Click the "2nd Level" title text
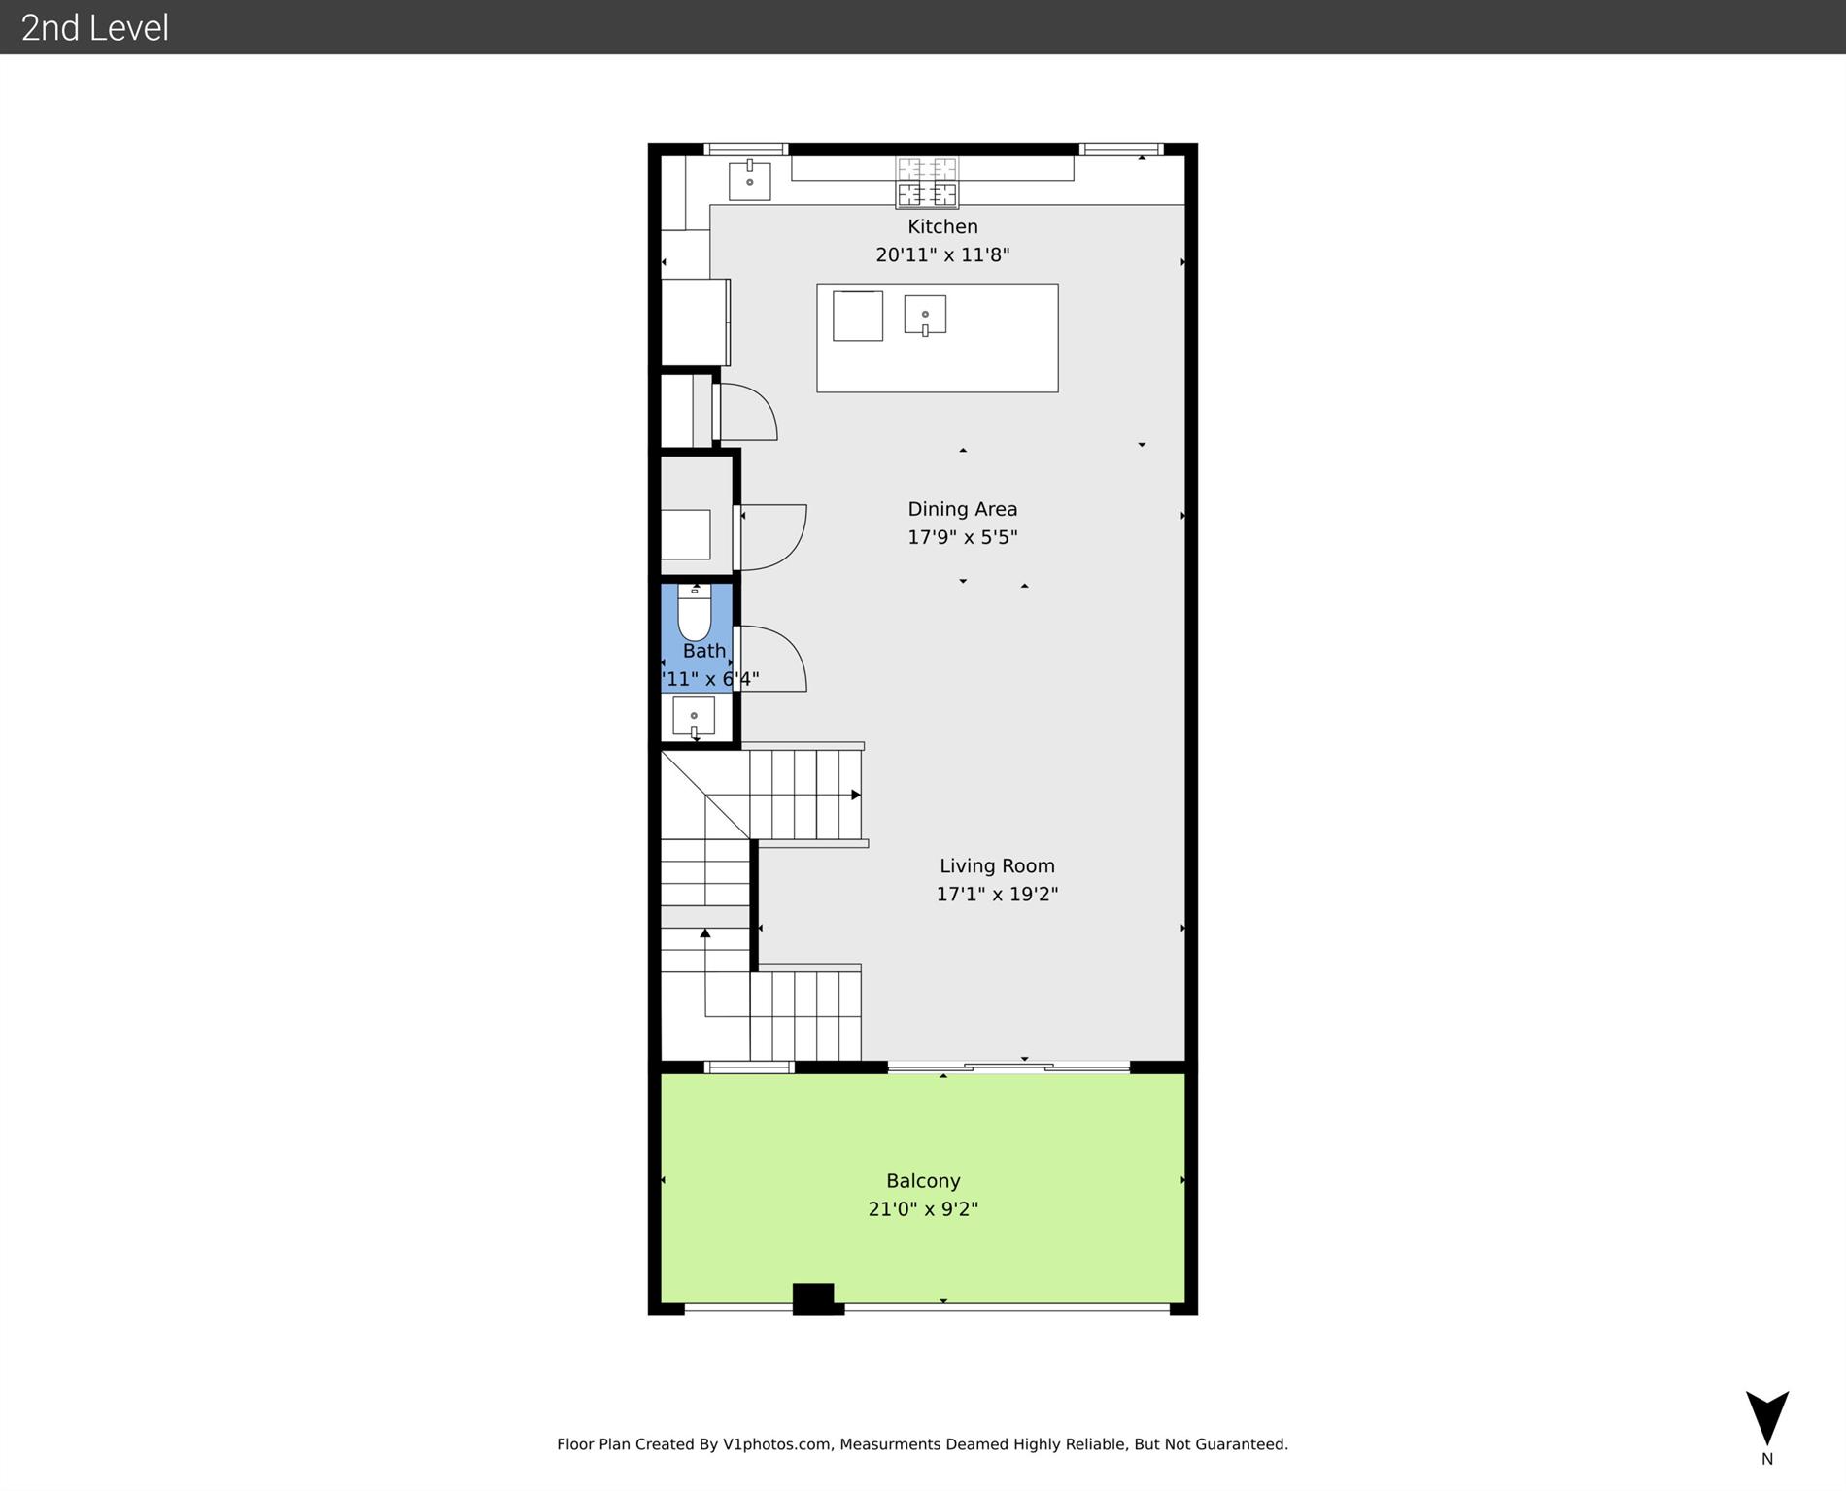[95, 27]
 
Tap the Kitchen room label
[942, 226]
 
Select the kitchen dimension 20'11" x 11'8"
[942, 254]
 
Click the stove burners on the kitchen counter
[927, 182]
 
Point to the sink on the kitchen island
[925, 315]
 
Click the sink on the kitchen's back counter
[749, 181]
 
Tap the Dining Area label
[962, 509]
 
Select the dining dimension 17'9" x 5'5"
[962, 537]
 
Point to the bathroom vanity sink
[694, 717]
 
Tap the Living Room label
[997, 865]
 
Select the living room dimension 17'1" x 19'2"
[997, 894]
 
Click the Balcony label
[923, 1181]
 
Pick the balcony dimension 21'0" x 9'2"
[923, 1209]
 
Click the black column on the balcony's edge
[814, 1299]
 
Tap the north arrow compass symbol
[1766, 1419]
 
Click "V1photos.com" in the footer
[777, 1444]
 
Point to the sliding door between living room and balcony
[1008, 1067]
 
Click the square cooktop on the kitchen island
[857, 316]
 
